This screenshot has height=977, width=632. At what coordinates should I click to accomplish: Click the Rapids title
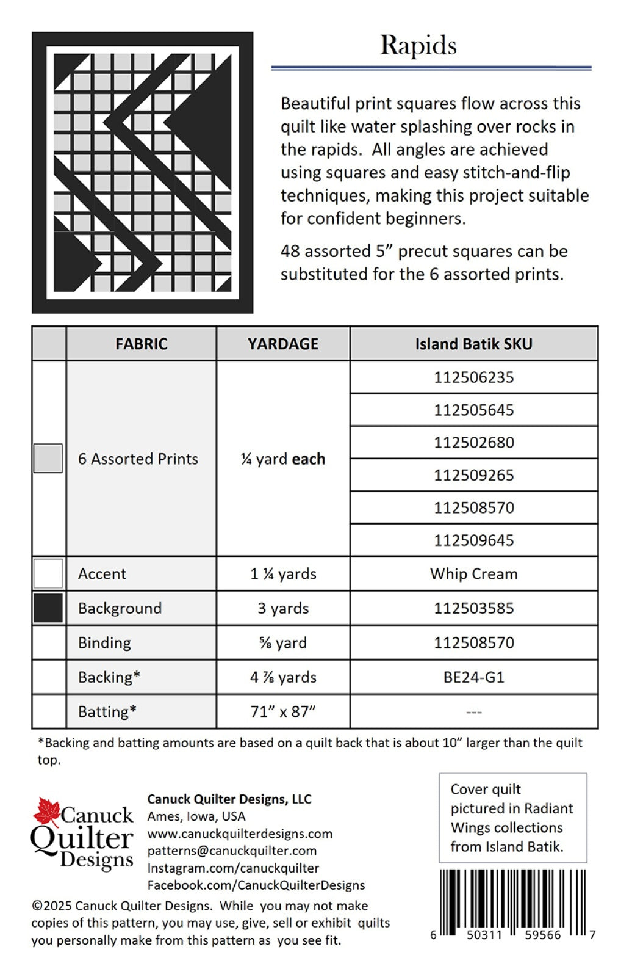click(418, 46)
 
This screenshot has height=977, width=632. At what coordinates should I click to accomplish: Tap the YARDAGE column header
click(283, 344)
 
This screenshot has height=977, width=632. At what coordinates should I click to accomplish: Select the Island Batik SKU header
click(473, 344)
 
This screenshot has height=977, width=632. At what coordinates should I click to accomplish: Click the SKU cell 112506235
click(473, 377)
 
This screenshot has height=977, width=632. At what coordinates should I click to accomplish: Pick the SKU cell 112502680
click(473, 442)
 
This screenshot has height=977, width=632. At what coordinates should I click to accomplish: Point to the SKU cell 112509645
click(473, 540)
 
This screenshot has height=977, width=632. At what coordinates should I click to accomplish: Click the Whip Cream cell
click(473, 574)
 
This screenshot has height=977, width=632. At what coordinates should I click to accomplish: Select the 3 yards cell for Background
click(283, 608)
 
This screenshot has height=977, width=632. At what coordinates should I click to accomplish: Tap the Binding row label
click(104, 642)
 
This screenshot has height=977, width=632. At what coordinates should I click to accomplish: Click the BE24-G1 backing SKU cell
click(473, 677)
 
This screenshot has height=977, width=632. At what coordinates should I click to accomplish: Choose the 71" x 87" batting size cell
click(283, 711)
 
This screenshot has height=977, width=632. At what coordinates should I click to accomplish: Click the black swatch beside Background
click(48, 608)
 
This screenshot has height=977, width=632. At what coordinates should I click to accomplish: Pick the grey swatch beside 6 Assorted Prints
click(48, 458)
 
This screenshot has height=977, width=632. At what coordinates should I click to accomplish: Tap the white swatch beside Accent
click(48, 574)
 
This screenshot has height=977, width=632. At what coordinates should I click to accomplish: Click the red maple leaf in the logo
click(46, 812)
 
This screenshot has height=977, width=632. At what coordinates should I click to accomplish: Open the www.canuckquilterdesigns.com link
click(240, 834)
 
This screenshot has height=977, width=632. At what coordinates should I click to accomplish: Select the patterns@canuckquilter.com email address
click(232, 851)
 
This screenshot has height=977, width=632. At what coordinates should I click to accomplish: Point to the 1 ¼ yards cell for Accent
click(283, 574)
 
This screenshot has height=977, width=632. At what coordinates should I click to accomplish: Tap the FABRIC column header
click(141, 344)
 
